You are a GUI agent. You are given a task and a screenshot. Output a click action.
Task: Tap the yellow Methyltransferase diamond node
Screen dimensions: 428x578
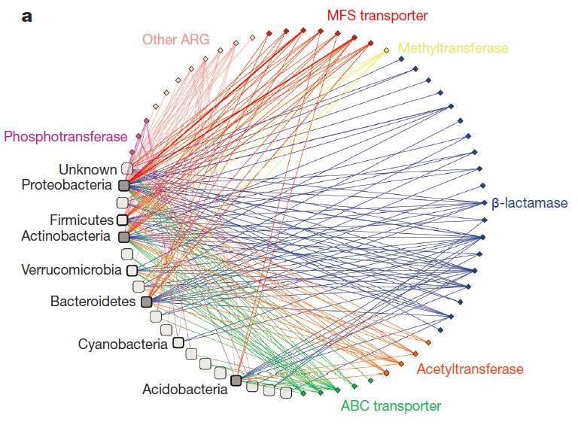pyautogui.click(x=387, y=50)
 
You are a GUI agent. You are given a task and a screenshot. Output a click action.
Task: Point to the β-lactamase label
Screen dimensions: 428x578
pyautogui.click(x=530, y=203)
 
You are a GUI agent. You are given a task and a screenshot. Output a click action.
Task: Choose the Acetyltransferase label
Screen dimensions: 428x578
pyautogui.click(x=470, y=369)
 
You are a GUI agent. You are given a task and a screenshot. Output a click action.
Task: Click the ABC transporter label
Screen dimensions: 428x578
pyautogui.click(x=391, y=406)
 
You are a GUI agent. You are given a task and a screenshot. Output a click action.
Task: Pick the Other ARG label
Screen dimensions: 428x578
pyautogui.click(x=175, y=38)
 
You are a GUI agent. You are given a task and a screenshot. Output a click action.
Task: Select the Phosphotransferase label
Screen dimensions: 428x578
pyautogui.click(x=65, y=136)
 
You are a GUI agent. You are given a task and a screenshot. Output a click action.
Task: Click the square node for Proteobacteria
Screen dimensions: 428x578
pyautogui.click(x=124, y=185)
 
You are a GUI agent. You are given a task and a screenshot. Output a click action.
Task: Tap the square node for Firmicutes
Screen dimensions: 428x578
pyautogui.click(x=122, y=220)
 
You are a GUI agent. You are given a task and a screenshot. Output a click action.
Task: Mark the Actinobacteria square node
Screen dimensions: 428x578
pyautogui.click(x=124, y=237)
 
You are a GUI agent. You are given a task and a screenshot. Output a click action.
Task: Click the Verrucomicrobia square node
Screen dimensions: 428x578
pyautogui.click(x=132, y=269)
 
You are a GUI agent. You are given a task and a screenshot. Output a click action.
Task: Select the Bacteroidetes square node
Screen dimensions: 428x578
pyautogui.click(x=146, y=302)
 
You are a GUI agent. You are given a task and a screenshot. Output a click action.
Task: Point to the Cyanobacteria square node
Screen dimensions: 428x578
pyautogui.click(x=178, y=343)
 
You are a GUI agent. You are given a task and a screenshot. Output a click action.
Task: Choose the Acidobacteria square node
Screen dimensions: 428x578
pyautogui.click(x=236, y=381)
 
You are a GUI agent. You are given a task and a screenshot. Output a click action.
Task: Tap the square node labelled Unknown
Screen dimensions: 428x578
pyautogui.click(x=127, y=170)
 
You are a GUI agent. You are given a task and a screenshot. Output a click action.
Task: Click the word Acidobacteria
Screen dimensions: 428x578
pyautogui.click(x=184, y=390)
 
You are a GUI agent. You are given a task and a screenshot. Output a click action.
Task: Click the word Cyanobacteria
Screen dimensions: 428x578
pyautogui.click(x=123, y=345)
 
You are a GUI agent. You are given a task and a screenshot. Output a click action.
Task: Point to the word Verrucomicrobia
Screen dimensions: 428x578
pyautogui.click(x=71, y=269)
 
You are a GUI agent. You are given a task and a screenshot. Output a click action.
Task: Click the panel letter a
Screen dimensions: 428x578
pyautogui.click(x=27, y=17)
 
